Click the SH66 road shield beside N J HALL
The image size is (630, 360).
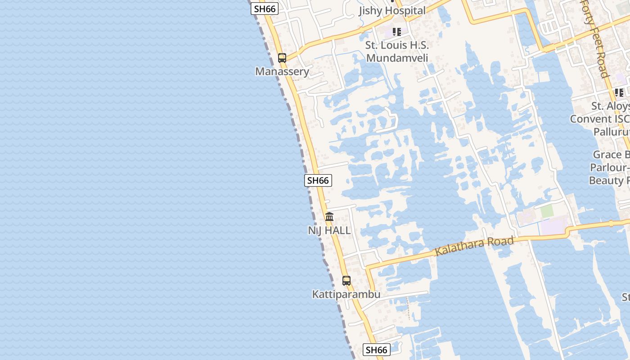[318, 180]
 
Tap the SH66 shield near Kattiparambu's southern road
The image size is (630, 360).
[376, 350]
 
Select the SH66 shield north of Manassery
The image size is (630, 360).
[265, 9]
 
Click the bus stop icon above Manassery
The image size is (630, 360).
[282, 58]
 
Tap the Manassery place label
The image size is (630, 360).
[282, 72]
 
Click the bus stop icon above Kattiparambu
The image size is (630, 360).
[346, 281]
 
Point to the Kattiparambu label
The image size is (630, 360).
[346, 294]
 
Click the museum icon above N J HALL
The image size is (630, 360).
[329, 217]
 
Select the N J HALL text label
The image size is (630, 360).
[329, 230]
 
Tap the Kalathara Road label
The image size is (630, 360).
[474, 246]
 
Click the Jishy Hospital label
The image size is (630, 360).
[392, 11]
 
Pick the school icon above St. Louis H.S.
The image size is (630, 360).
[396, 31]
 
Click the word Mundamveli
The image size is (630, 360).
[396, 58]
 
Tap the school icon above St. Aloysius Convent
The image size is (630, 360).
[619, 93]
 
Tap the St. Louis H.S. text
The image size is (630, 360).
[396, 45]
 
